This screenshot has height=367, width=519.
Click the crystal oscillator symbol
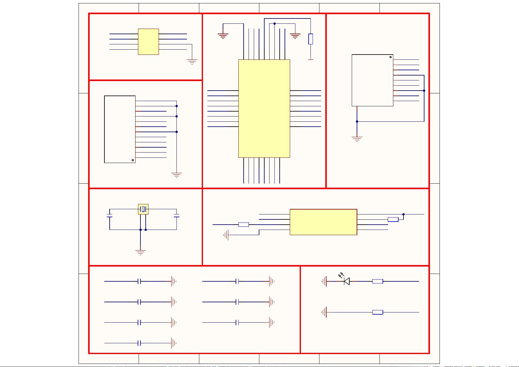click(143, 209)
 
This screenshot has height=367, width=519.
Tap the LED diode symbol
click(347, 281)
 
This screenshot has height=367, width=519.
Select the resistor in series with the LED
click(378, 281)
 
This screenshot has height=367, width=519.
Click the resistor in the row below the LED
click(378, 312)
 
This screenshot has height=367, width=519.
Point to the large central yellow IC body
click(264, 108)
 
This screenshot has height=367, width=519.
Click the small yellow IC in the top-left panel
click(148, 42)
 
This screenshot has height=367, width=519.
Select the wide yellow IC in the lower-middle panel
click(323, 222)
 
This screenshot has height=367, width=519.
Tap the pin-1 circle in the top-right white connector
click(391, 57)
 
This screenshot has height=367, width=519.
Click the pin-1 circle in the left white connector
click(133, 160)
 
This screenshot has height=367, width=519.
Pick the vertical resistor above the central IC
click(310, 39)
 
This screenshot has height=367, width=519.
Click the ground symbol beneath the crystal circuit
click(140, 252)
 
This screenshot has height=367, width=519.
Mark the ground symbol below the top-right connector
click(357, 139)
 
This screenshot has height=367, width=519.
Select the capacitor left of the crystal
click(110, 215)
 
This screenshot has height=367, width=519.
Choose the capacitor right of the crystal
click(176, 215)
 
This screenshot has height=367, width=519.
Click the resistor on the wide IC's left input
click(244, 225)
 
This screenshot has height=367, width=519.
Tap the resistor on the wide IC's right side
click(393, 219)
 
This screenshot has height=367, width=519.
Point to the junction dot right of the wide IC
click(403, 214)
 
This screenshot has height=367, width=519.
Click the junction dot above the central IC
click(274, 23)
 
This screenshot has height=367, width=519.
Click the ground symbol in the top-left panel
click(192, 62)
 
